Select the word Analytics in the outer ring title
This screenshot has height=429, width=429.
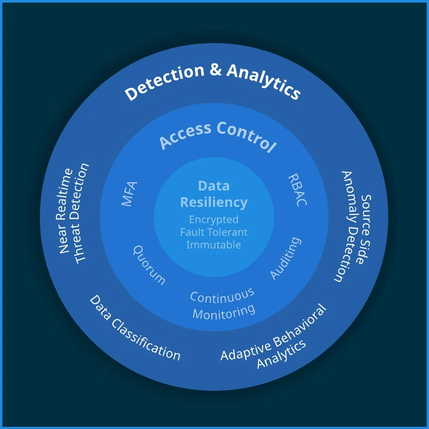coord(263,81)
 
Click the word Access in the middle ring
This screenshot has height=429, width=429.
coord(186,134)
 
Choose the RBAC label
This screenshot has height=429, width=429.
coord(297,190)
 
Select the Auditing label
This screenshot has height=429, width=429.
coord(285,258)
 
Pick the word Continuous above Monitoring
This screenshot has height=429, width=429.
coord(222,295)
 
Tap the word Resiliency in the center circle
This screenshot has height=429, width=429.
coord(214,202)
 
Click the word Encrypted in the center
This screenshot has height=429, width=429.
coord(214,219)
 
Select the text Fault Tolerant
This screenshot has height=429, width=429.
coord(214,232)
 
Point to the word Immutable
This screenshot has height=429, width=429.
coord(214,245)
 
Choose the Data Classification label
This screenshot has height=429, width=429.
coord(135,328)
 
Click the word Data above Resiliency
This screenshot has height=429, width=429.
coord(214,186)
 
